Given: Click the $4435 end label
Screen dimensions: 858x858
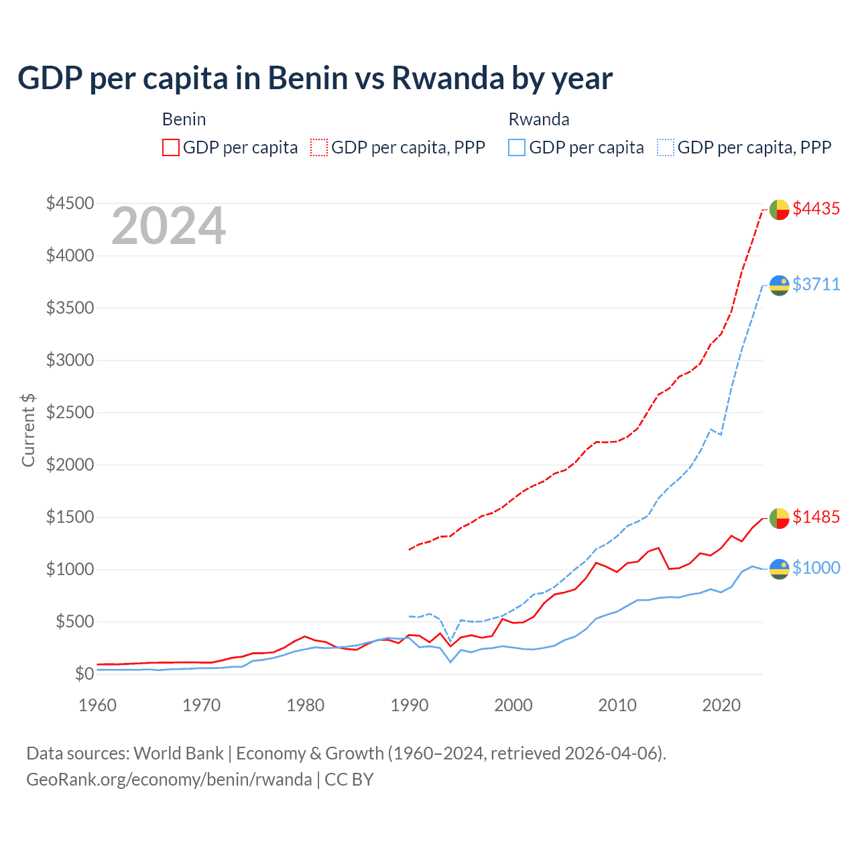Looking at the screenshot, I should pos(816,208).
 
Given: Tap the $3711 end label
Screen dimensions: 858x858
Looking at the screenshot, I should pos(816,284).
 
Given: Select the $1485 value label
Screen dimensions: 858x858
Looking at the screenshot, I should pos(816,517).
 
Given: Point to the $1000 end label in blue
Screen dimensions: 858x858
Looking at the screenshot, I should pos(816,568).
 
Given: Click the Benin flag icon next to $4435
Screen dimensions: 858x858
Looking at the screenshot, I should pos(779,209).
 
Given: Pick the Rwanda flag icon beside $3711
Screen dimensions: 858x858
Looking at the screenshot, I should pos(779,285).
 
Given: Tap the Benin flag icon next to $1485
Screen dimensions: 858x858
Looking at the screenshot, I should pos(779,517).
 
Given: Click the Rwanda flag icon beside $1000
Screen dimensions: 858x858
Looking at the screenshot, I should pos(779,568).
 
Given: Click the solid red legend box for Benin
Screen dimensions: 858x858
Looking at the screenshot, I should pos(171,147).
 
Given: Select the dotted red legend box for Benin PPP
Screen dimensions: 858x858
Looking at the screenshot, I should pos(320,147).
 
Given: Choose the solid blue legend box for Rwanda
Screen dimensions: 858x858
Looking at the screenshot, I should pos(517,147).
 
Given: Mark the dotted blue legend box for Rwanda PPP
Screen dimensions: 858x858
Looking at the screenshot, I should pos(666,147).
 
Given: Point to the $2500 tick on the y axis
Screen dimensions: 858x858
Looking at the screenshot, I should pos(70,412).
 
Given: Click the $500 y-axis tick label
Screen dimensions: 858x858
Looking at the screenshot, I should pos(74,621).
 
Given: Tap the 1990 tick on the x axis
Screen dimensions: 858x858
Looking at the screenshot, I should pos(410,705).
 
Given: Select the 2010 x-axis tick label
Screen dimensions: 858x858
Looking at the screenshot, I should pos(617,705).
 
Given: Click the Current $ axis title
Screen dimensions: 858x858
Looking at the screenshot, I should pos(28,430).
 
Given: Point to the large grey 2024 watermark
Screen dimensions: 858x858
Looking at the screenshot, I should pos(168,227).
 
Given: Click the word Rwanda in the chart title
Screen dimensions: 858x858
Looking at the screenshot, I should pos(447,78).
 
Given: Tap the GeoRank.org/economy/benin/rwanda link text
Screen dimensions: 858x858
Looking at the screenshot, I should pos(169,780).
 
